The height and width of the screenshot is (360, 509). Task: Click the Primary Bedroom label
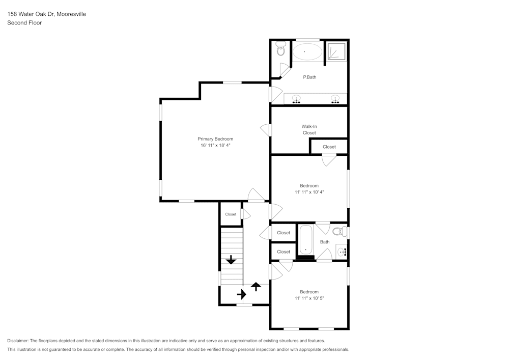point(215,139)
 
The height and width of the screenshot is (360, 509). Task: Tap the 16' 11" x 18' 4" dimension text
point(215,146)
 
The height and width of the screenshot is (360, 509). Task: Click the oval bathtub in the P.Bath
point(307,51)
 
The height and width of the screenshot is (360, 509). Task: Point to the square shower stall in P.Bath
point(336,51)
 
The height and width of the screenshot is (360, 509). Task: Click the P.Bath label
point(309,77)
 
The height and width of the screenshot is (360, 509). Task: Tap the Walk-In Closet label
point(309,129)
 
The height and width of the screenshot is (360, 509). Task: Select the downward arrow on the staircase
point(231,260)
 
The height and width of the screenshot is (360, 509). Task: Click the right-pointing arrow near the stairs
point(241,294)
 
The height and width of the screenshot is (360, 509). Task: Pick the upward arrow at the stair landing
point(256,287)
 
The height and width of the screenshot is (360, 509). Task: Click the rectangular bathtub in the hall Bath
point(306,240)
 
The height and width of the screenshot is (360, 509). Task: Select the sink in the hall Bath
point(342,251)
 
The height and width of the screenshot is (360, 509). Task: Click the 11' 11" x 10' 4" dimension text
point(309,192)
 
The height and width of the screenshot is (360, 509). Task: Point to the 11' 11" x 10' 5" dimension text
point(309,298)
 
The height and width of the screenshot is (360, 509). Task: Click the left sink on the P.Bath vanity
point(296,99)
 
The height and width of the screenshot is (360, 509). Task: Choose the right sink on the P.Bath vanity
point(335,99)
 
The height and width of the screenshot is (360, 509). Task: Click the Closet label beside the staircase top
point(231,214)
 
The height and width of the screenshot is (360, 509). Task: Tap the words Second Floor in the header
point(24,23)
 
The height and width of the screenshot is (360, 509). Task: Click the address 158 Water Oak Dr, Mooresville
point(46,14)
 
